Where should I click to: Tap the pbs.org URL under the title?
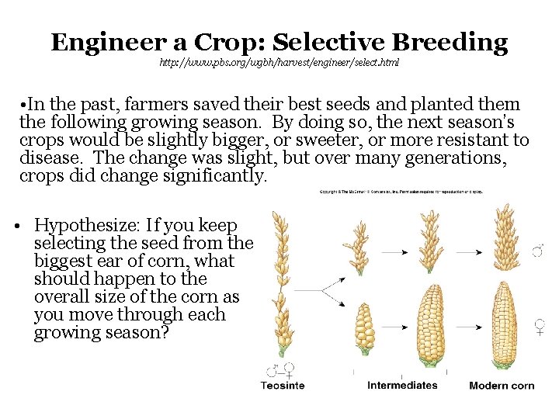pyautogui.click(x=279, y=62)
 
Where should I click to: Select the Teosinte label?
pyautogui.click(x=283, y=386)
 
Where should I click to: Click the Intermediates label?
pyautogui.click(x=402, y=385)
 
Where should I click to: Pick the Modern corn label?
pyautogui.click(x=502, y=386)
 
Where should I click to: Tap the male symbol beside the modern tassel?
pyautogui.click(x=538, y=250)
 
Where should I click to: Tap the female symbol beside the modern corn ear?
pyautogui.click(x=540, y=327)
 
